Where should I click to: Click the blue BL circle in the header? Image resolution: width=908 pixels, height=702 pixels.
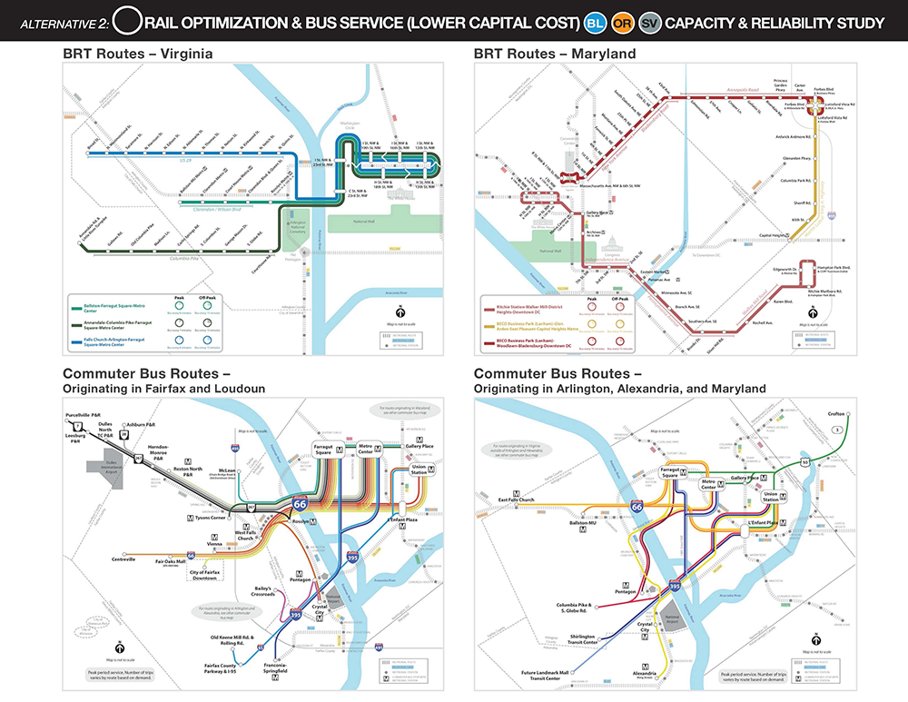[x=597, y=21]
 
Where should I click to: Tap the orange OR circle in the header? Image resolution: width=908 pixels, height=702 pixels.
[x=623, y=21]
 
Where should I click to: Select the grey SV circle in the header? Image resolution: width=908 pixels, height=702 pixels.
[x=649, y=21]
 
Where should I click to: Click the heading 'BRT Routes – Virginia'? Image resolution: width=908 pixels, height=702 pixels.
[x=138, y=54]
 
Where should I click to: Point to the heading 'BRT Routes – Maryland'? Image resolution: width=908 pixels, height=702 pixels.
[x=553, y=54]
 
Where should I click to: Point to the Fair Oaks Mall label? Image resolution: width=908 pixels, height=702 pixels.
[x=172, y=562]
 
